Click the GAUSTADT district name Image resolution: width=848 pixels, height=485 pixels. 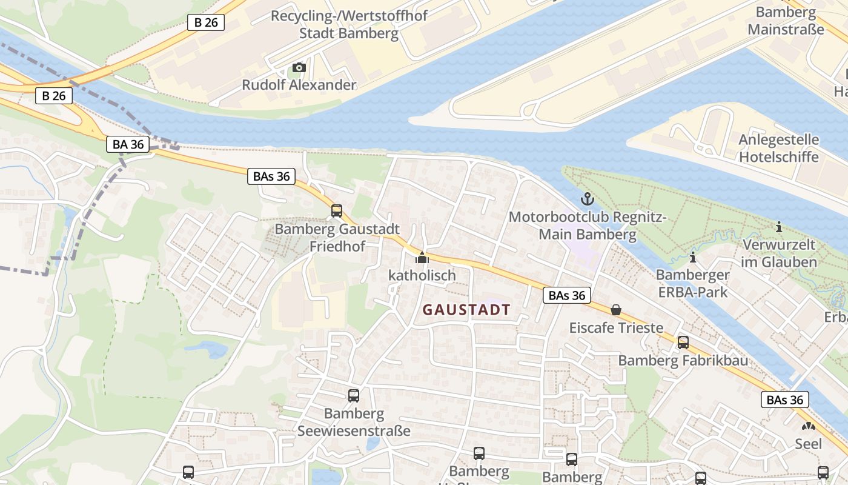pos(466,310)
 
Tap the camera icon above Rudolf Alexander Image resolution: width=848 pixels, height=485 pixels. pos(299,67)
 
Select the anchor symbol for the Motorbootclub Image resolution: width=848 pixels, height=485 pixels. pos(587,198)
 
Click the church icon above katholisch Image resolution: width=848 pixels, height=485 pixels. pos(422,258)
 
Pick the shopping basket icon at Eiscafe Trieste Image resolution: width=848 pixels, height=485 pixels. pos(616,310)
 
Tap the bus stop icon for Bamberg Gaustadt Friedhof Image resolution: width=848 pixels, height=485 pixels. pos(337,211)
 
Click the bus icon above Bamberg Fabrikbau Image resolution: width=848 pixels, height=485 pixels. pos(683,343)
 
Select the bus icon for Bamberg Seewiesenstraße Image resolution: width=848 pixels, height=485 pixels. pos(354,396)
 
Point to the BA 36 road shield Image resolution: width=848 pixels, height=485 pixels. pos(128,144)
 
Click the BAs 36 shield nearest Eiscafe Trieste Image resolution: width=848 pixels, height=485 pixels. pos(566,295)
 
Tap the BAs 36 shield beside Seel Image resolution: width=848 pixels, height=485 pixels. pos(784,400)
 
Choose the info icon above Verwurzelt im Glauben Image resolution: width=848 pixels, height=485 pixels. pos(778,227)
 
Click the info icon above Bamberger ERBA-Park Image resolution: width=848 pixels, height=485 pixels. pos(692,258)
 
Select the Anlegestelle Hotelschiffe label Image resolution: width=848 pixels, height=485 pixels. pos(778,149)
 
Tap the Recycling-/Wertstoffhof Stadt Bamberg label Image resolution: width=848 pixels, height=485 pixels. pos(349,24)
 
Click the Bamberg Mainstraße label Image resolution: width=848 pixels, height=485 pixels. pos(786,21)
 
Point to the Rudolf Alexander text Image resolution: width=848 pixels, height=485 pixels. pos(299,85)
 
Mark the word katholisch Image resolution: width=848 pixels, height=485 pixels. pos(422,275)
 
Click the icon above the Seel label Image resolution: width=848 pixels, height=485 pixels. pos(808,426)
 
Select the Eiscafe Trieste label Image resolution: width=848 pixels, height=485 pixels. pos(616,328)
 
